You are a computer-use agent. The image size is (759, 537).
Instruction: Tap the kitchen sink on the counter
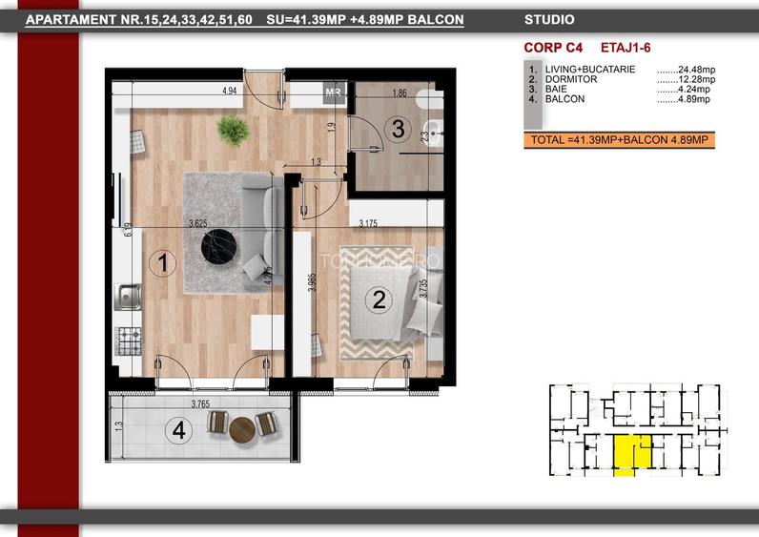[127, 297]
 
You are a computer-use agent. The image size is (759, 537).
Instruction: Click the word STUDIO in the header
[549, 18]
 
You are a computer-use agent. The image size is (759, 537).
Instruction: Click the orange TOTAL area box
[618, 140]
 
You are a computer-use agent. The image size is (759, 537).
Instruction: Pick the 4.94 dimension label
[229, 92]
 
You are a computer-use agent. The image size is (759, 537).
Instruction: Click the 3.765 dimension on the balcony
[200, 404]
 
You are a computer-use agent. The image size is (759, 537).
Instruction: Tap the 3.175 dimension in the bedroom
[368, 224]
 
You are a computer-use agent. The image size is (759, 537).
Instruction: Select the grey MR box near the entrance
[334, 92]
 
